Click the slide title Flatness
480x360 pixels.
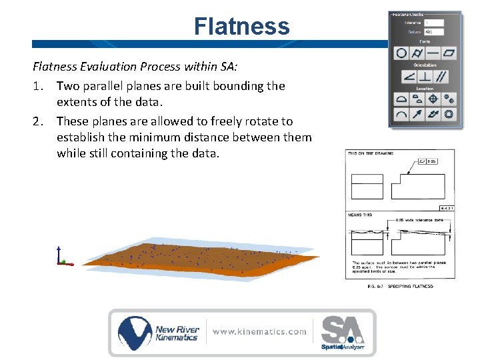pos(241,27)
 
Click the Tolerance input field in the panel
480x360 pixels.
pos(433,23)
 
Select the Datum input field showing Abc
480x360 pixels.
pos(433,31)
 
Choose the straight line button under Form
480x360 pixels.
pos(433,53)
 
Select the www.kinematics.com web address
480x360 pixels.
pos(260,331)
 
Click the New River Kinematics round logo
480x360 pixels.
pos(135,332)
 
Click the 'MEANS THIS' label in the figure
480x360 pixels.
pos(360,215)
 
